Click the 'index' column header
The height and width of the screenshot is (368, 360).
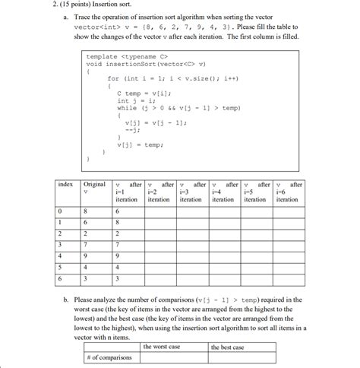tap(66, 185)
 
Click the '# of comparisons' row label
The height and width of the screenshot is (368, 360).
tap(111, 357)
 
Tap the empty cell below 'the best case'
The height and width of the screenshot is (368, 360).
tap(242, 357)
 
